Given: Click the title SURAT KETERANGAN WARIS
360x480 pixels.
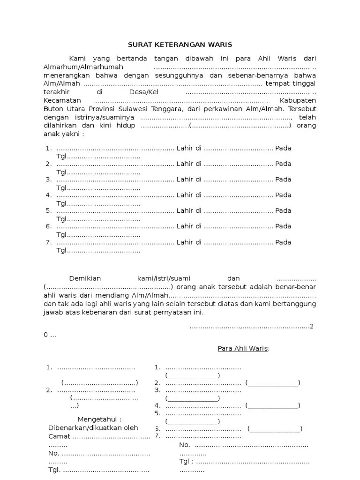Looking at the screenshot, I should pyautogui.click(x=180, y=45).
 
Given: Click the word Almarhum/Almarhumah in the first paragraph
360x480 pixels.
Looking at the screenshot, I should pyautogui.click(x=83, y=67).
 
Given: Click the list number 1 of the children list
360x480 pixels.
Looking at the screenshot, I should pyautogui.click(x=48, y=148).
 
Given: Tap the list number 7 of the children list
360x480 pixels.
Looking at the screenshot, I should pyautogui.click(x=48, y=242).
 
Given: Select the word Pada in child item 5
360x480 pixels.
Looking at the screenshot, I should pyautogui.click(x=283, y=211).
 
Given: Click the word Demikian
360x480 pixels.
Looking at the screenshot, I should pyautogui.click(x=85, y=278).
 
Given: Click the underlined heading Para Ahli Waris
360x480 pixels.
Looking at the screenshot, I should pyautogui.click(x=243, y=349).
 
